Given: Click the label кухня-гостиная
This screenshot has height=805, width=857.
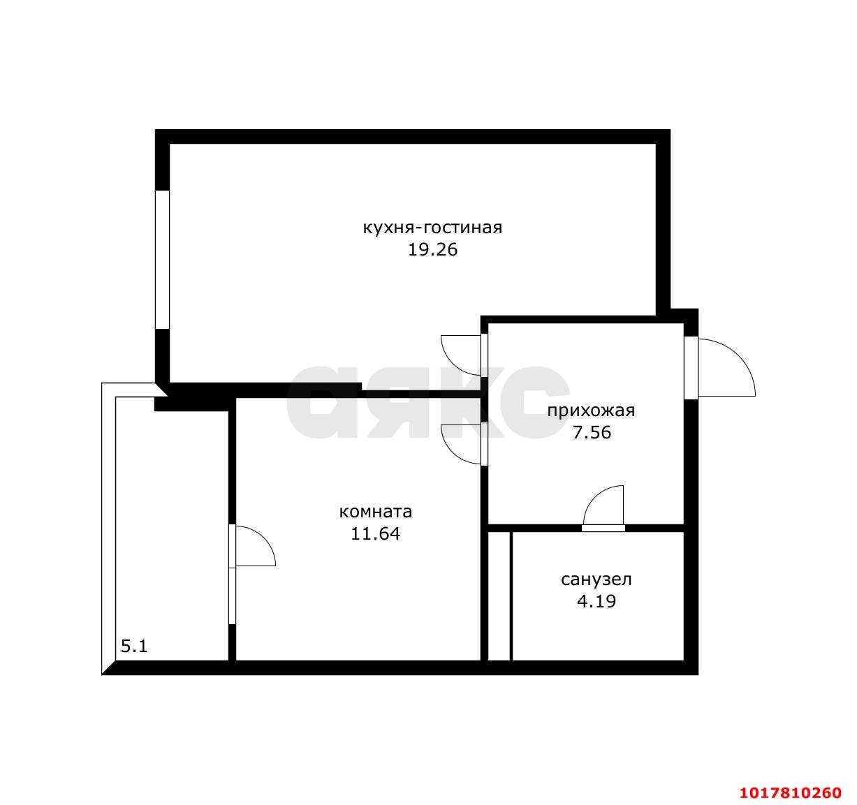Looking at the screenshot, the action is pyautogui.click(x=432, y=228).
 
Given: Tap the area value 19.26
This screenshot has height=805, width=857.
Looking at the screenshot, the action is pyautogui.click(x=432, y=250).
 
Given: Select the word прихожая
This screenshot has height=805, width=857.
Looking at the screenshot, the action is pyautogui.click(x=591, y=411).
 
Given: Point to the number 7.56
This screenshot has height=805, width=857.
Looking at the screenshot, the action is pyautogui.click(x=592, y=433).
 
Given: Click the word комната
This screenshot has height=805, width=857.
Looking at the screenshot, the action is pyautogui.click(x=376, y=512).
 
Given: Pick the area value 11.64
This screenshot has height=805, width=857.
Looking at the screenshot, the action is pyautogui.click(x=375, y=534).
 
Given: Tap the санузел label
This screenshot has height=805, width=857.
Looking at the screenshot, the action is pyautogui.click(x=596, y=579).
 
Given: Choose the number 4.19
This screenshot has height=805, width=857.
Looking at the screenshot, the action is pyautogui.click(x=596, y=601).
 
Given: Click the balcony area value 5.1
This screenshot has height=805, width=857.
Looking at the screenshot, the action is pyautogui.click(x=134, y=647).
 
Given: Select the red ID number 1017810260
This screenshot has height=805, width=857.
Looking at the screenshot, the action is pyautogui.click(x=791, y=793).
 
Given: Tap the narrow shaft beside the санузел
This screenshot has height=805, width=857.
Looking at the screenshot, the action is pyautogui.click(x=499, y=596).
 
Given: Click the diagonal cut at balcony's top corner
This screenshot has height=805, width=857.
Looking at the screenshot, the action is pyautogui.click(x=162, y=390).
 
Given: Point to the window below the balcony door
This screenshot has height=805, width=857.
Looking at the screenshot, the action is pyautogui.click(x=232, y=596).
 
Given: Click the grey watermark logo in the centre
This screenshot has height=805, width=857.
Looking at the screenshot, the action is pyautogui.click(x=427, y=401).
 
